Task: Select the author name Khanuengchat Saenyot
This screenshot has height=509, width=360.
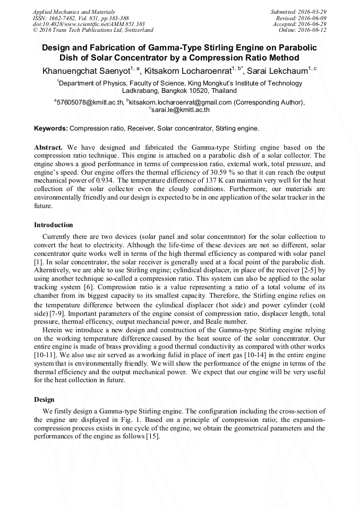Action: pyautogui.click(x=84, y=70)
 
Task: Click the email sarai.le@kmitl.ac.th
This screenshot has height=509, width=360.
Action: pyautogui.click(x=181, y=110)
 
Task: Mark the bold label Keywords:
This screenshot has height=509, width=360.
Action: pyautogui.click(x=51, y=128)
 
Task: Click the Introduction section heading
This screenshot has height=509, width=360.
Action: pyautogui.click(x=54, y=225)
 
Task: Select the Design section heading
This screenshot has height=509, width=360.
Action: pyautogui.click(x=45, y=399)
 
